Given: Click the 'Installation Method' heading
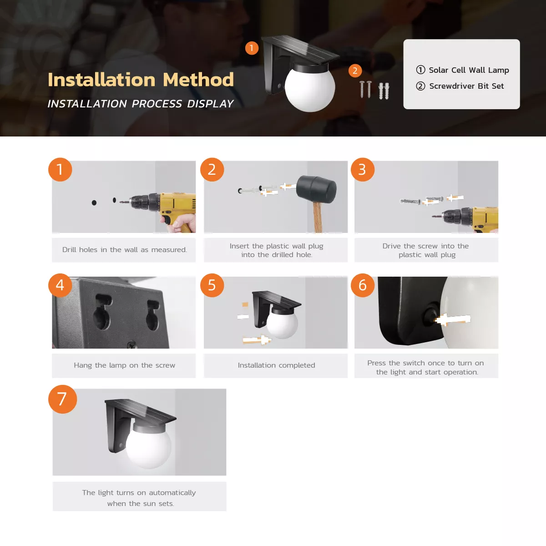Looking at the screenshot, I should point(141,80).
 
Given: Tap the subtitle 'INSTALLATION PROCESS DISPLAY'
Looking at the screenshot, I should point(141,104).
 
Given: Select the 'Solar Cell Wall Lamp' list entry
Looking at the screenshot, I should point(469,70).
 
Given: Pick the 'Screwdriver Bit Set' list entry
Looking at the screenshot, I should point(466,86).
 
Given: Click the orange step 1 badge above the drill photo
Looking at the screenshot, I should point(60,169).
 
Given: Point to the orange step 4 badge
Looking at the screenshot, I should point(60,285).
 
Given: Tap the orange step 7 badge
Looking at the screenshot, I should point(62,399).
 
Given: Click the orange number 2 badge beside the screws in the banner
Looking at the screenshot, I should point(355,71).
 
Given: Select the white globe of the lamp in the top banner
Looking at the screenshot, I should point(310,88).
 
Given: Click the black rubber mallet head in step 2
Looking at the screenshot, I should point(317,189).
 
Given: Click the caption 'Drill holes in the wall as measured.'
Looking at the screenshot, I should point(124,250).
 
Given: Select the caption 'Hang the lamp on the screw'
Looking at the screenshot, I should point(124,365).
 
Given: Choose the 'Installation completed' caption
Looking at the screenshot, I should point(276,365).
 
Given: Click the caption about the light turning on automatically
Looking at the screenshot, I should point(139,498).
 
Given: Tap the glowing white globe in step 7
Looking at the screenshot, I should point(149,446).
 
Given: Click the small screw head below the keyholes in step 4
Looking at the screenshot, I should point(132,345).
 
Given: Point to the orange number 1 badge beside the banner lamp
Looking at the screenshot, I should point(252,48).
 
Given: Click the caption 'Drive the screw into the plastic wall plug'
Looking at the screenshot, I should point(426,250).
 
